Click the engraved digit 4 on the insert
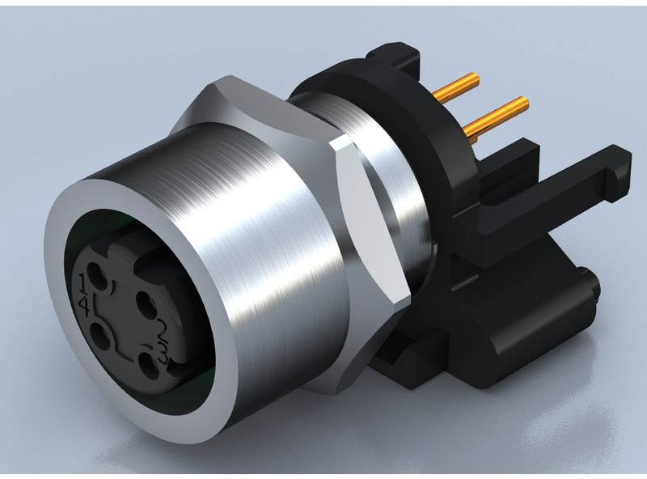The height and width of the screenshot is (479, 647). pos(84,306)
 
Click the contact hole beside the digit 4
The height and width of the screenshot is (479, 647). pos(99,336)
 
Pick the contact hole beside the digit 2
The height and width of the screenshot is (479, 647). pos(146,304)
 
